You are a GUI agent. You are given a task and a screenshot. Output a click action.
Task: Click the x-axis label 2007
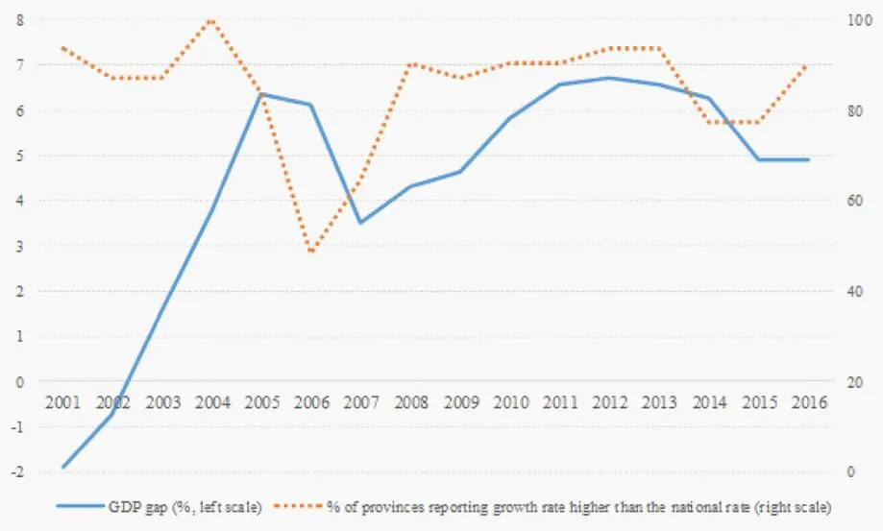pos(361,402)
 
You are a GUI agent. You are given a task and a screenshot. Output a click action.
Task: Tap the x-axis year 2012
pos(610,402)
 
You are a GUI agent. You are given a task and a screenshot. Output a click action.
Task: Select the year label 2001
pos(63,402)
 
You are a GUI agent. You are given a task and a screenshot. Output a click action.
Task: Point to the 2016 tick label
pos(809,402)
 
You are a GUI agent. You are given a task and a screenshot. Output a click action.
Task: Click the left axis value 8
pos(20,20)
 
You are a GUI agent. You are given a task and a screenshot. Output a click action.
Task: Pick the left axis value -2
pos(17,471)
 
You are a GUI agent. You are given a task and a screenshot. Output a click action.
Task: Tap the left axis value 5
pos(20,156)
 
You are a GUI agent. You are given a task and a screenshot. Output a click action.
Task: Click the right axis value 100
pos(859,20)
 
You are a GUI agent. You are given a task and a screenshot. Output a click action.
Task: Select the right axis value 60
pos(855,201)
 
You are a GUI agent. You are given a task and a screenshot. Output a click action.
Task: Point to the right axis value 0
pos(851,471)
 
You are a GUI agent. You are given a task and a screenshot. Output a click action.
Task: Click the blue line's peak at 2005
pos(262,93)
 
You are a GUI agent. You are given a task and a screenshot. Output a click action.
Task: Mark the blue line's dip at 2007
pos(361,223)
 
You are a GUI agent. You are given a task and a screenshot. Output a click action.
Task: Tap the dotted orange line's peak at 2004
pos(211,21)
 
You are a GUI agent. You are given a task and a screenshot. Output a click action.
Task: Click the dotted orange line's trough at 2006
pos(311,251)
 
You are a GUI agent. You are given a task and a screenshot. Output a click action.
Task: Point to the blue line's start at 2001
pos(63,467)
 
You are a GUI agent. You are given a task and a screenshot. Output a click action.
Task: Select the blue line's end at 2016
pos(809,159)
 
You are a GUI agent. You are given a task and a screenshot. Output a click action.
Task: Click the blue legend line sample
pos(81,506)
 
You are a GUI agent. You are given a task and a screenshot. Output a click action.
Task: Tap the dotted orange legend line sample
pos(299,506)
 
